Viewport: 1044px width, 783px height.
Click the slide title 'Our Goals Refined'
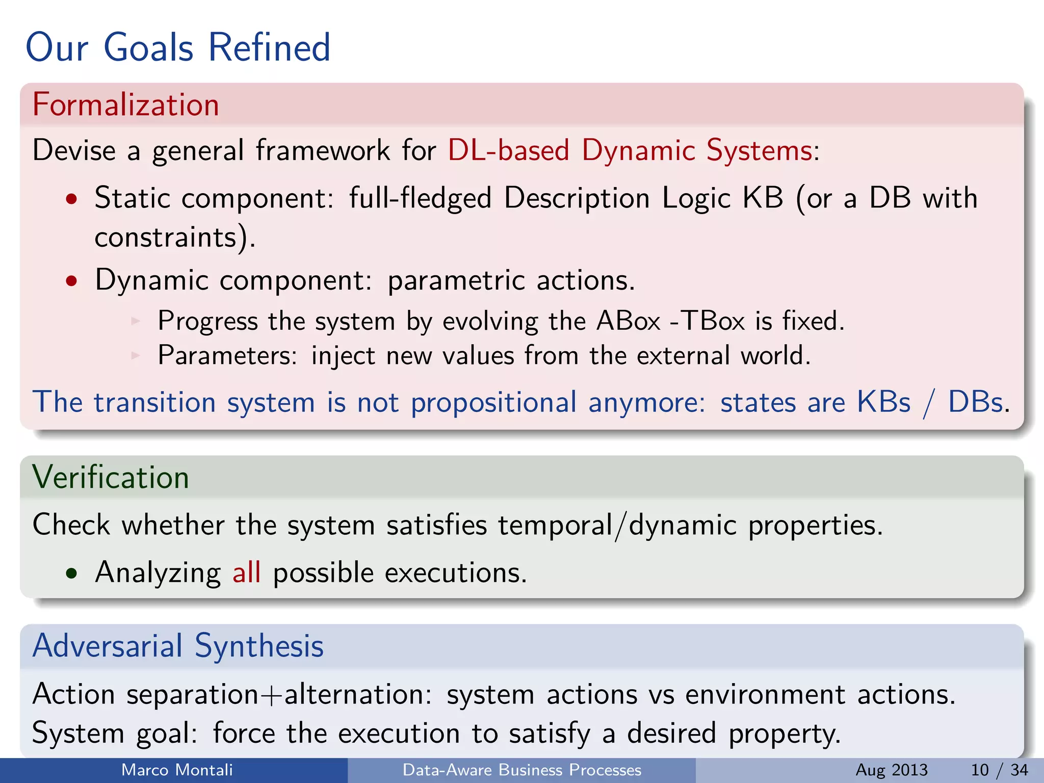(178, 47)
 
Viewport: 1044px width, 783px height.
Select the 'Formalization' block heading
(125, 105)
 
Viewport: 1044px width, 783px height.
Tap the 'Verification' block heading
(110, 478)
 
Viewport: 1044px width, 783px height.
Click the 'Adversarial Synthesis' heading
(178, 646)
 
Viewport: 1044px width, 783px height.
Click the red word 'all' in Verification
(247, 572)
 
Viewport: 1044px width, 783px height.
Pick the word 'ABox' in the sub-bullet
(628, 321)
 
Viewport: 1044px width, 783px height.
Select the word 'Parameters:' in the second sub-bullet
(227, 355)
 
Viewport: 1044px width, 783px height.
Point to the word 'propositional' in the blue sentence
(493, 403)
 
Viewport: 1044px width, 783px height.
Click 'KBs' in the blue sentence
(883, 402)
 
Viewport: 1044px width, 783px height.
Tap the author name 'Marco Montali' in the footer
(177, 770)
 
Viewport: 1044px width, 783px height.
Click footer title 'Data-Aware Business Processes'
(521, 770)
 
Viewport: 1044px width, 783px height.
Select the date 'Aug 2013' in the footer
(892, 770)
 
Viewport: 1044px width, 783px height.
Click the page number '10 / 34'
(999, 770)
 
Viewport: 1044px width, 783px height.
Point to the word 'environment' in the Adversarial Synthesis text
(765, 695)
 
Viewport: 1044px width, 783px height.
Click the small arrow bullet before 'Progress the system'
(136, 321)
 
